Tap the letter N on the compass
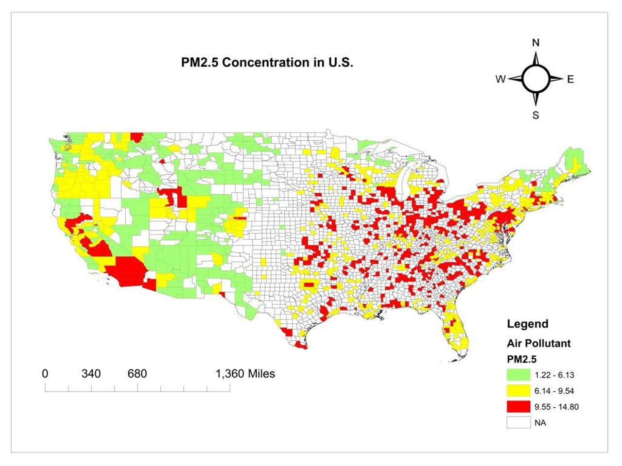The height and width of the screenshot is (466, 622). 536,43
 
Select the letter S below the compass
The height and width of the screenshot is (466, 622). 536,115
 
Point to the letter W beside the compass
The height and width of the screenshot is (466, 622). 501,79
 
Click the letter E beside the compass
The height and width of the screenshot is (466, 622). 570,79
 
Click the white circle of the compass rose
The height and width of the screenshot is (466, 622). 536,79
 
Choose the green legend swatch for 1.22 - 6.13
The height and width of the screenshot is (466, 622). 518,375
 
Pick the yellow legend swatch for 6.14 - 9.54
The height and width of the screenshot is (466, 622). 518,391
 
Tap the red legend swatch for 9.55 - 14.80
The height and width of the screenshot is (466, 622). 518,407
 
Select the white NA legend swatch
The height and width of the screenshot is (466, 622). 518,423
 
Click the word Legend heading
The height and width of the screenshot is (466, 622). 527,324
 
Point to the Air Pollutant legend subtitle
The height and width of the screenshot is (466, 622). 538,343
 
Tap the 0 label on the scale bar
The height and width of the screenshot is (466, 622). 45,374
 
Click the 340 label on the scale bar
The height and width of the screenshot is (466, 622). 91,374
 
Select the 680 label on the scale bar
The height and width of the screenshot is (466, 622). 137,374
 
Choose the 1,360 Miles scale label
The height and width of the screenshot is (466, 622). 245,374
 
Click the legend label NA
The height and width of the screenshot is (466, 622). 540,423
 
